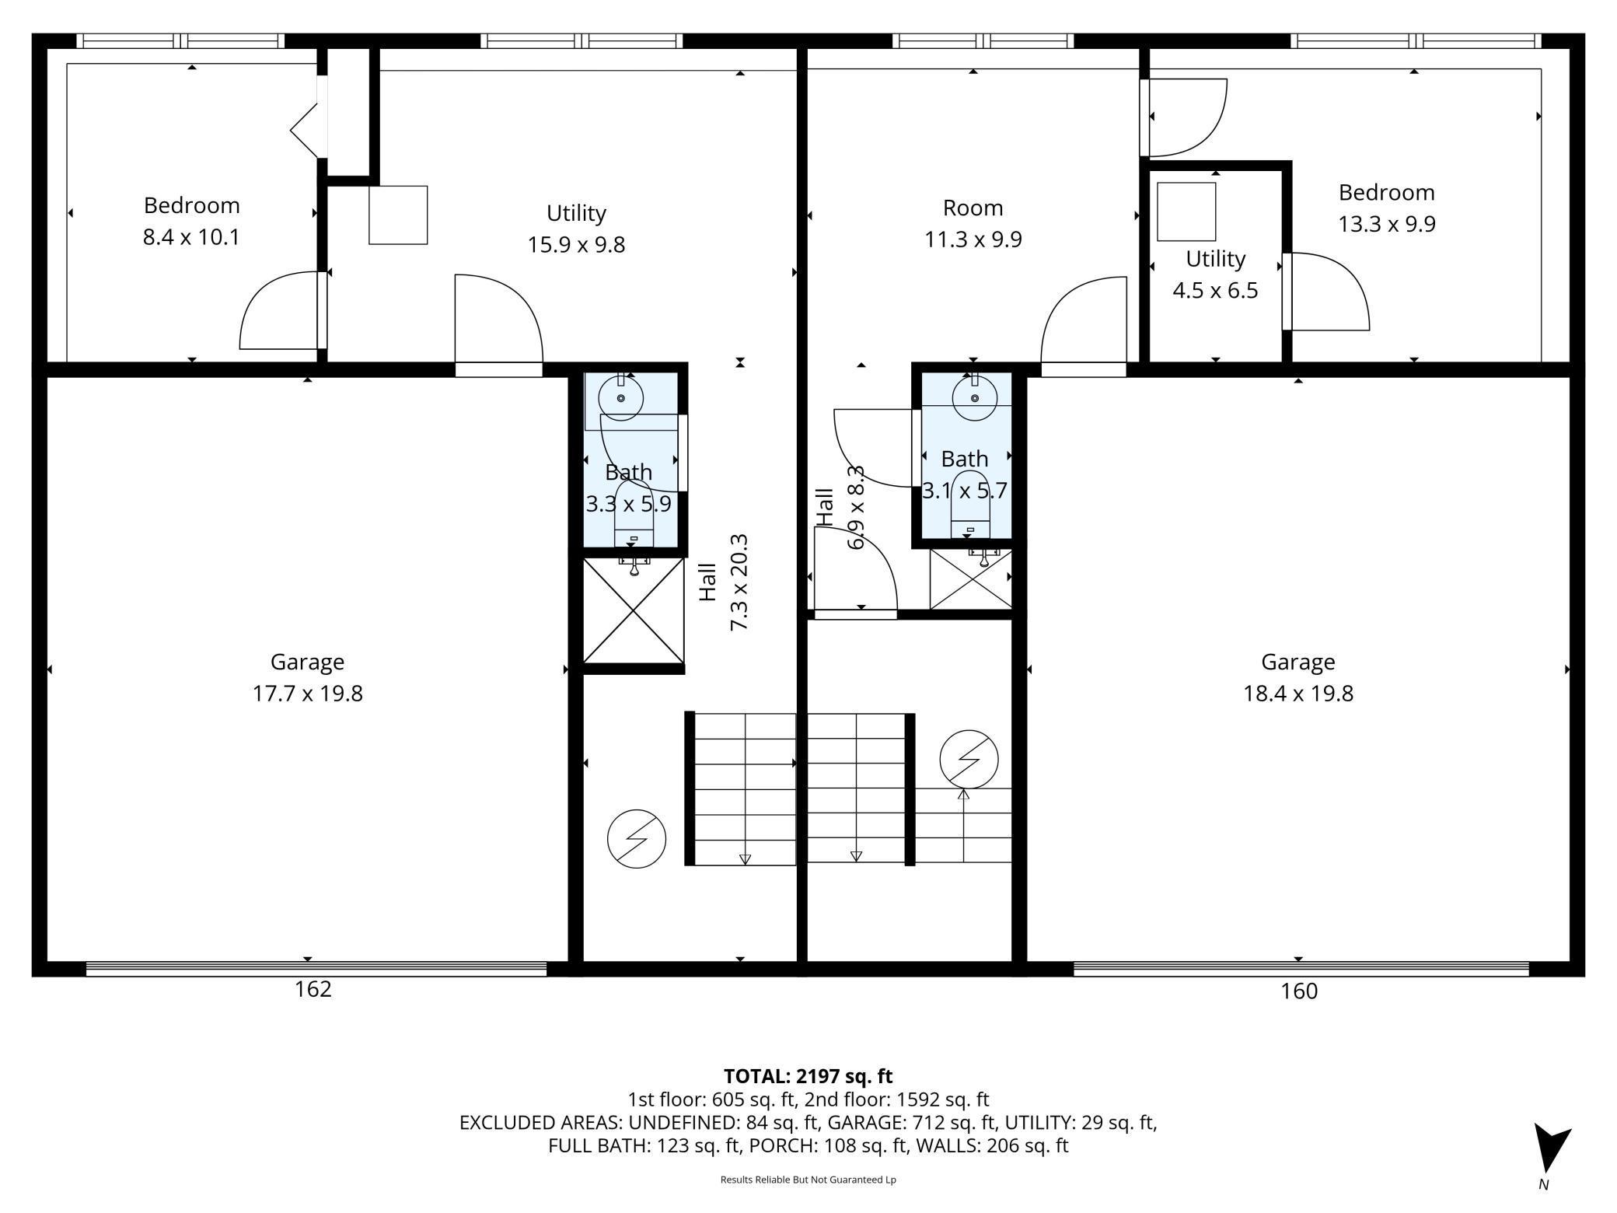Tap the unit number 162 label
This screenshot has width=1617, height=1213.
tap(313, 989)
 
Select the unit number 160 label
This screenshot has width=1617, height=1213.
tap(1299, 991)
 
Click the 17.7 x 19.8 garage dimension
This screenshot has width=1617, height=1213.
tap(307, 693)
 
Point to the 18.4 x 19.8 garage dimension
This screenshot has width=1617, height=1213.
tap(1297, 693)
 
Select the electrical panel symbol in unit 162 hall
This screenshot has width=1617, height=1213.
tap(636, 838)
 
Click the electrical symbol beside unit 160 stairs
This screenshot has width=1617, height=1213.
tap(969, 759)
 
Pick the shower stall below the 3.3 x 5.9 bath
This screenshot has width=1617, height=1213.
tap(634, 612)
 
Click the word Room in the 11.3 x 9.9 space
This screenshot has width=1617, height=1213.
tap(973, 208)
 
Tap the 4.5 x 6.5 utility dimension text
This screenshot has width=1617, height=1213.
tap(1215, 291)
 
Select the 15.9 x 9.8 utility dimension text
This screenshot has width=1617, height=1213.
tap(576, 245)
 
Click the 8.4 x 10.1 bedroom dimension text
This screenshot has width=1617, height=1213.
tap(191, 237)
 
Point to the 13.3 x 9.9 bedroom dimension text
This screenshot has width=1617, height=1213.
tap(1386, 224)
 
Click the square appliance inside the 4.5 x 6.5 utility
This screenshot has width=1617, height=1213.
tap(1186, 211)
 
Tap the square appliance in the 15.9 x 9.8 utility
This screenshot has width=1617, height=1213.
tap(398, 215)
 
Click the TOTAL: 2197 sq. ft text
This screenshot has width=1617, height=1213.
tap(808, 1076)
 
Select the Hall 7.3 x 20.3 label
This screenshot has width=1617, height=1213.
tap(723, 582)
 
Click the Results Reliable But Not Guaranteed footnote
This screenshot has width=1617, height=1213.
tap(808, 1180)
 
